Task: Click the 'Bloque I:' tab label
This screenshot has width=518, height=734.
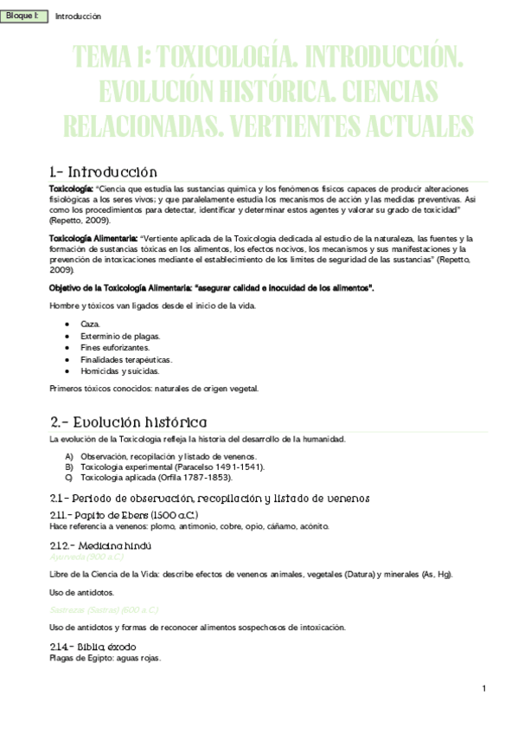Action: point(22,16)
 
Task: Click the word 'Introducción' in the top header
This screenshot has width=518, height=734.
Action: point(78,16)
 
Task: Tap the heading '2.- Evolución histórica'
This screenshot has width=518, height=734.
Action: point(128,422)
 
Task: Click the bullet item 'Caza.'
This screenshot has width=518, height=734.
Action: point(90,323)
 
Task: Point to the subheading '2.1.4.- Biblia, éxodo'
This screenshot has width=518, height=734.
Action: point(96,647)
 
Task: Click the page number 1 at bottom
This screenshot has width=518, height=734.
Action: point(484,689)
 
